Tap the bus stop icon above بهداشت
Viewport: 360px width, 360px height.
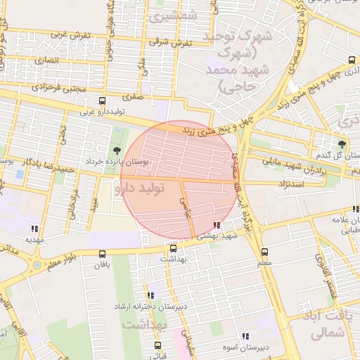click(173, 248)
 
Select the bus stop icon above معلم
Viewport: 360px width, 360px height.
click(264, 252)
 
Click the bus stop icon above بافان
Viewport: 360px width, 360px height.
click(103, 255)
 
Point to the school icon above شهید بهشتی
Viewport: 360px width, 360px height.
click(216, 226)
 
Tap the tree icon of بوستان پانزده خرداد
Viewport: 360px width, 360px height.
click(116, 150)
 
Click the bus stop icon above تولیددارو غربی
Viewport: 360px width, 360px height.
click(103, 101)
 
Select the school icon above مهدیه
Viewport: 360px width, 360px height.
click(34, 228)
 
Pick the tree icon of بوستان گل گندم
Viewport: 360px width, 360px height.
click(342, 144)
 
